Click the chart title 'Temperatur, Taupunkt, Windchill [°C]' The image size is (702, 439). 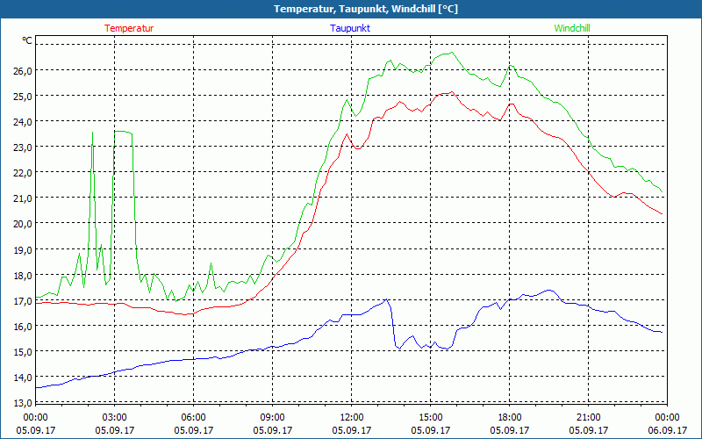(x=352, y=9)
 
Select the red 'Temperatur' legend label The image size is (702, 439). (x=129, y=28)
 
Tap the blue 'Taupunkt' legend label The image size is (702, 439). (x=350, y=28)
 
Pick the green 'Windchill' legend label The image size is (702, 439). (x=572, y=28)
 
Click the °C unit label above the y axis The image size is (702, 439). (x=27, y=40)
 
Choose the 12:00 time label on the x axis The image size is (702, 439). (x=351, y=417)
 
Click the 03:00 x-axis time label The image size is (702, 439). (x=114, y=417)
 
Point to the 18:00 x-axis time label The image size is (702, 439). (x=509, y=417)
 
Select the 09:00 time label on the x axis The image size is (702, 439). (x=272, y=417)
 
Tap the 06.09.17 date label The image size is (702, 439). (x=667, y=430)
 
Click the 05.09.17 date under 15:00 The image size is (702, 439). (x=430, y=430)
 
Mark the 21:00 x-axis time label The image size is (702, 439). (x=588, y=417)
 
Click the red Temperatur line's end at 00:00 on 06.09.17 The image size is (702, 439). (x=662, y=213)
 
